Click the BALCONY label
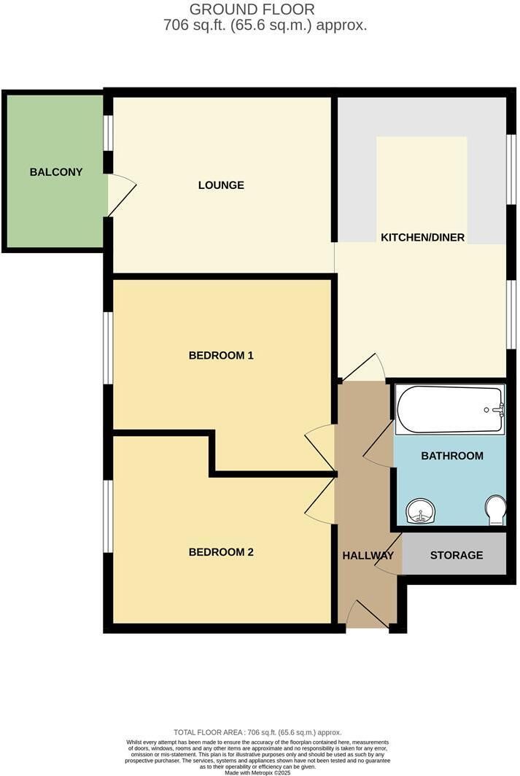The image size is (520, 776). (56, 172)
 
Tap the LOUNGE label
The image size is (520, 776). (221, 185)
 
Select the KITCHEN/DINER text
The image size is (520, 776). (422, 238)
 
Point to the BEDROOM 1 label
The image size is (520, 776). (221, 355)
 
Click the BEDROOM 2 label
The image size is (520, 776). (221, 552)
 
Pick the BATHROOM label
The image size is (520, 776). (452, 456)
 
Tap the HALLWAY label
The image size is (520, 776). (368, 555)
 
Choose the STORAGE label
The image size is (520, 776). (456, 555)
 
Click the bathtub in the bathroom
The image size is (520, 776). (450, 409)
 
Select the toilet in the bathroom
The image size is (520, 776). (496, 511)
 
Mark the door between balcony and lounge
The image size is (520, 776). (122, 195)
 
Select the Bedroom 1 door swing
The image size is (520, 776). (320, 449)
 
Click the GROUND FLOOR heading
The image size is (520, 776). (252, 9)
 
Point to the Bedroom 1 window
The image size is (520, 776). (107, 347)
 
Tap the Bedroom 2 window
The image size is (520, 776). (107, 516)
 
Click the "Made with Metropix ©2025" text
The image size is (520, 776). (257, 772)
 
